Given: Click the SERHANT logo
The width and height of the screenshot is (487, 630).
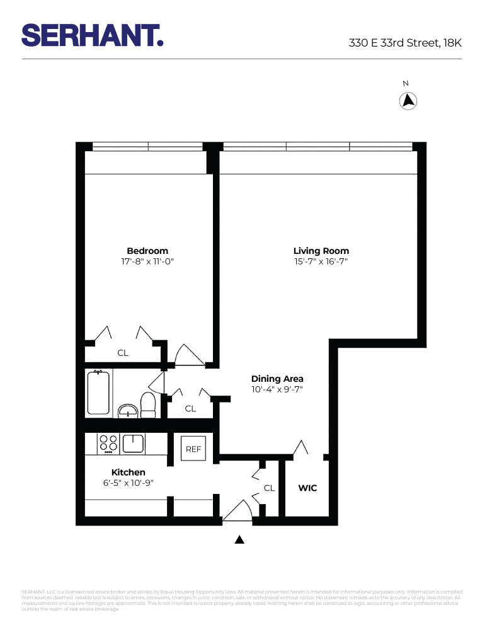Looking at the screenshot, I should pyautogui.click(x=93, y=35).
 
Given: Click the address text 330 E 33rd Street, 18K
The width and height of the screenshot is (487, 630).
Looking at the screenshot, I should pyautogui.click(x=405, y=43).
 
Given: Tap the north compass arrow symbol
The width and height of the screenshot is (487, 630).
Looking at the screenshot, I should pyautogui.click(x=408, y=101).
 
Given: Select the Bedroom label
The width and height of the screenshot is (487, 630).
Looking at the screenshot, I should pyautogui.click(x=147, y=251).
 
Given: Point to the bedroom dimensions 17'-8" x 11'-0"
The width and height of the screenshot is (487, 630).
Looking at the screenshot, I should pyautogui.click(x=147, y=261).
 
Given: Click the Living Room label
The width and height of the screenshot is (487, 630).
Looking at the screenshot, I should pyautogui.click(x=321, y=251).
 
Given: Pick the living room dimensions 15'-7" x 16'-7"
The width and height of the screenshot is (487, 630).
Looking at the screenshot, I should pyautogui.click(x=321, y=261).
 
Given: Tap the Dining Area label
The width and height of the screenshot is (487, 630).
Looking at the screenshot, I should pyautogui.click(x=277, y=379).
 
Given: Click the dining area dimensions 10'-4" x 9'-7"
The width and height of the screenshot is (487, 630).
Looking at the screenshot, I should pyautogui.click(x=277, y=389).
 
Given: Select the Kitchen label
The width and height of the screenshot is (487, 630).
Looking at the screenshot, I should pyautogui.click(x=128, y=472).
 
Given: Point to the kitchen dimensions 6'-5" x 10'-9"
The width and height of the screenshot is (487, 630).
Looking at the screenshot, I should pyautogui.click(x=128, y=483).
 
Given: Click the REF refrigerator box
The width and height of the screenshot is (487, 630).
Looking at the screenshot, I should pyautogui.click(x=193, y=449).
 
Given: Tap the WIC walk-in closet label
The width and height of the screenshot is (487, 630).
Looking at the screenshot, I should pyautogui.click(x=307, y=488).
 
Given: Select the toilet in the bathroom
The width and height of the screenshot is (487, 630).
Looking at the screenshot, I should pyautogui.click(x=148, y=405).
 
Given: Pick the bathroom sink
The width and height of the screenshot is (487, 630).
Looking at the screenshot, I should pyautogui.click(x=129, y=411).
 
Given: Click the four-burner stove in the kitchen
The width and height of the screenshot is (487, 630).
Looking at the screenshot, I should pyautogui.click(x=108, y=444).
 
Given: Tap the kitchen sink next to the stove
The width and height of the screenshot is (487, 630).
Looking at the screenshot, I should pyautogui.click(x=134, y=444).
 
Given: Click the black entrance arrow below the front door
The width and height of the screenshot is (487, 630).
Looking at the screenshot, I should pyautogui.click(x=239, y=539).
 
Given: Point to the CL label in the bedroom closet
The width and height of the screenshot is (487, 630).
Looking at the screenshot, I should pyautogui.click(x=123, y=353).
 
